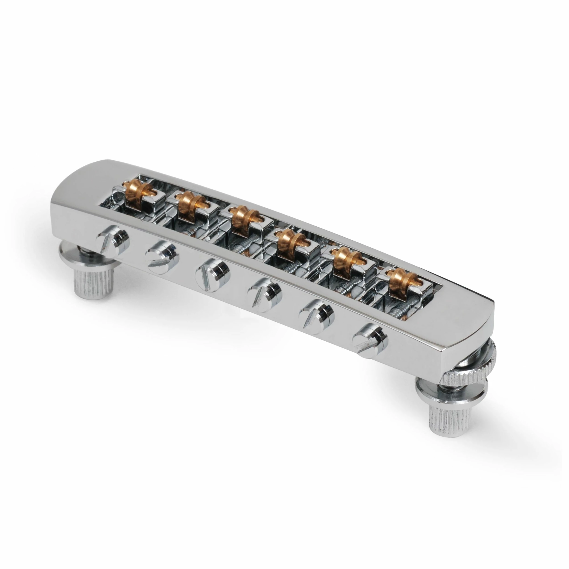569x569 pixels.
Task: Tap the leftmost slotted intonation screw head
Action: (113, 240)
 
